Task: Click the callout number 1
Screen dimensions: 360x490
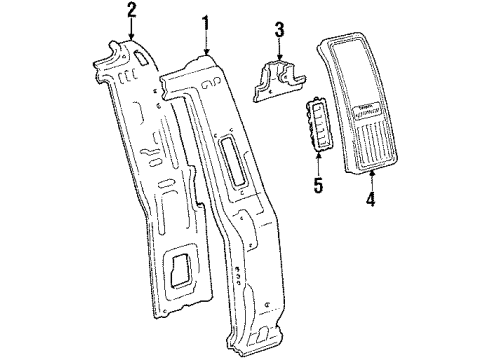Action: tap(205, 23)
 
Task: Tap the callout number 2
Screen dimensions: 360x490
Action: tap(131, 11)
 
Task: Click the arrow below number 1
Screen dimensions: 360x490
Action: tap(205, 44)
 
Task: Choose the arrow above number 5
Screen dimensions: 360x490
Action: tap(319, 165)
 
